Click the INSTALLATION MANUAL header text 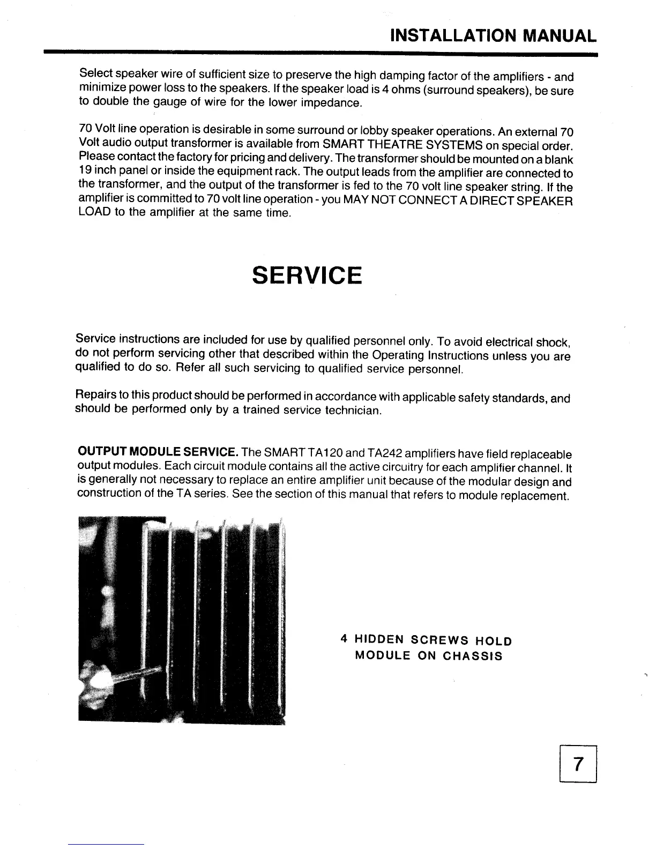coord(493,35)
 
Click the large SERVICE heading coord(307,275)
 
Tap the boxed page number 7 coord(577,764)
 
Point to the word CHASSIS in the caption coord(473,656)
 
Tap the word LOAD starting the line coord(94,212)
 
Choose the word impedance coord(333,102)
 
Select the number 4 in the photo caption coord(344,639)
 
